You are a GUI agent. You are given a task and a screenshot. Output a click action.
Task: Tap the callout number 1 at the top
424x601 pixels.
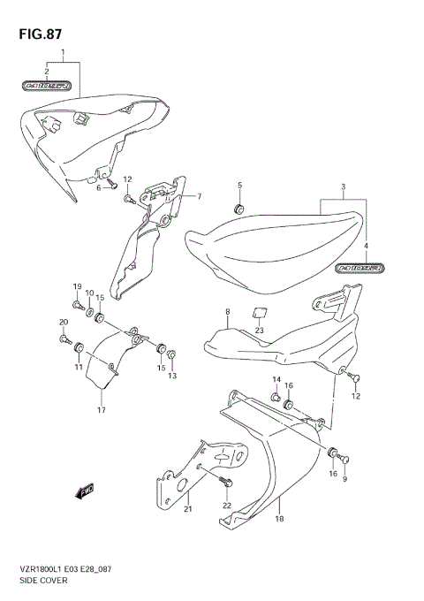point(63,54)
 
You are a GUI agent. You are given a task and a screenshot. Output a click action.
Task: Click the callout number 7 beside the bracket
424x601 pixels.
point(200,196)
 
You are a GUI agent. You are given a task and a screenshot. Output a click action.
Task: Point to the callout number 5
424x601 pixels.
point(238,185)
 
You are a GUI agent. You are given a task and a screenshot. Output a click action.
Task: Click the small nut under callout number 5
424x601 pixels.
point(238,209)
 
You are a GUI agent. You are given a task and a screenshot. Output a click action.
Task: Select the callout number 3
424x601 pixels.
point(342,189)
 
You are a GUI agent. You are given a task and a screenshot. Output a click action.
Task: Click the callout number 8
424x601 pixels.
point(227,312)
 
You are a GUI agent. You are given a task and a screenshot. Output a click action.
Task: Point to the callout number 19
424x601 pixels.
point(77,286)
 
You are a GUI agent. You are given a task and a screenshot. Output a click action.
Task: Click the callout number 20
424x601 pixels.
point(63,322)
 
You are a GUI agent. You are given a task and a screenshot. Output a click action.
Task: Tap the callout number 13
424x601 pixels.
point(172,376)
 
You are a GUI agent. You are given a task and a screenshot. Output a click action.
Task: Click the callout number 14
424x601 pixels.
point(275,381)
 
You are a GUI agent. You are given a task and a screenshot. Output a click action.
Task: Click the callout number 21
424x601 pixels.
point(187,509)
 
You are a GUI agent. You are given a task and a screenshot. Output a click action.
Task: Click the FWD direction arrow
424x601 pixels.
point(86,491)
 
